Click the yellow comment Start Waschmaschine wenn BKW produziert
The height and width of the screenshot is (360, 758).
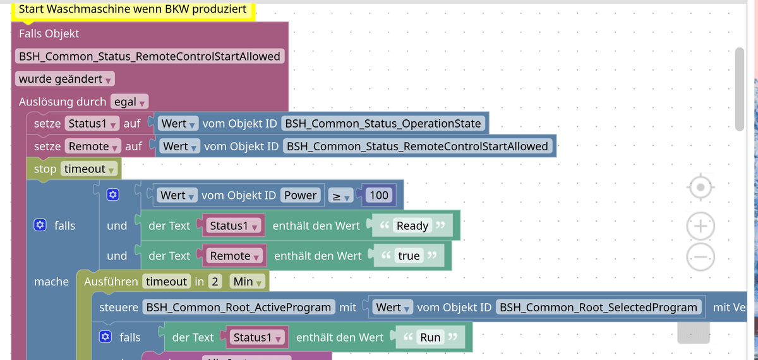[133, 9]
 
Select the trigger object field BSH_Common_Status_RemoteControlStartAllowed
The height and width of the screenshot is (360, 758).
[150, 56]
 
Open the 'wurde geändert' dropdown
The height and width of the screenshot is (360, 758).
[65, 80]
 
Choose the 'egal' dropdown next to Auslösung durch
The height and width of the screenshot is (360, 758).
[130, 102]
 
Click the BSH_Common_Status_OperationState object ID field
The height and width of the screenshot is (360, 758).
[384, 123]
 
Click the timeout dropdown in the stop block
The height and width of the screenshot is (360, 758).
[90, 169]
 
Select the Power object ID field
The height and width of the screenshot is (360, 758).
[300, 195]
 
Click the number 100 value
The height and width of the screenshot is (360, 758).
[379, 195]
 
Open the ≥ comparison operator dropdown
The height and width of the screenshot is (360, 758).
[341, 196]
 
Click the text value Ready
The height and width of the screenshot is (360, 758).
[412, 226]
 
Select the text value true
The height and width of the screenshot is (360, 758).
[409, 256]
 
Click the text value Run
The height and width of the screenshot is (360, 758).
[430, 337]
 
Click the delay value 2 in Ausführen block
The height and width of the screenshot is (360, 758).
[215, 282]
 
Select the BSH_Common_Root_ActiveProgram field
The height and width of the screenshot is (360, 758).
[239, 308]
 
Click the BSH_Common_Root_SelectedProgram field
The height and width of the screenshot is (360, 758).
[598, 308]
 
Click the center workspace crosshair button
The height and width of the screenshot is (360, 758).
[701, 188]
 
